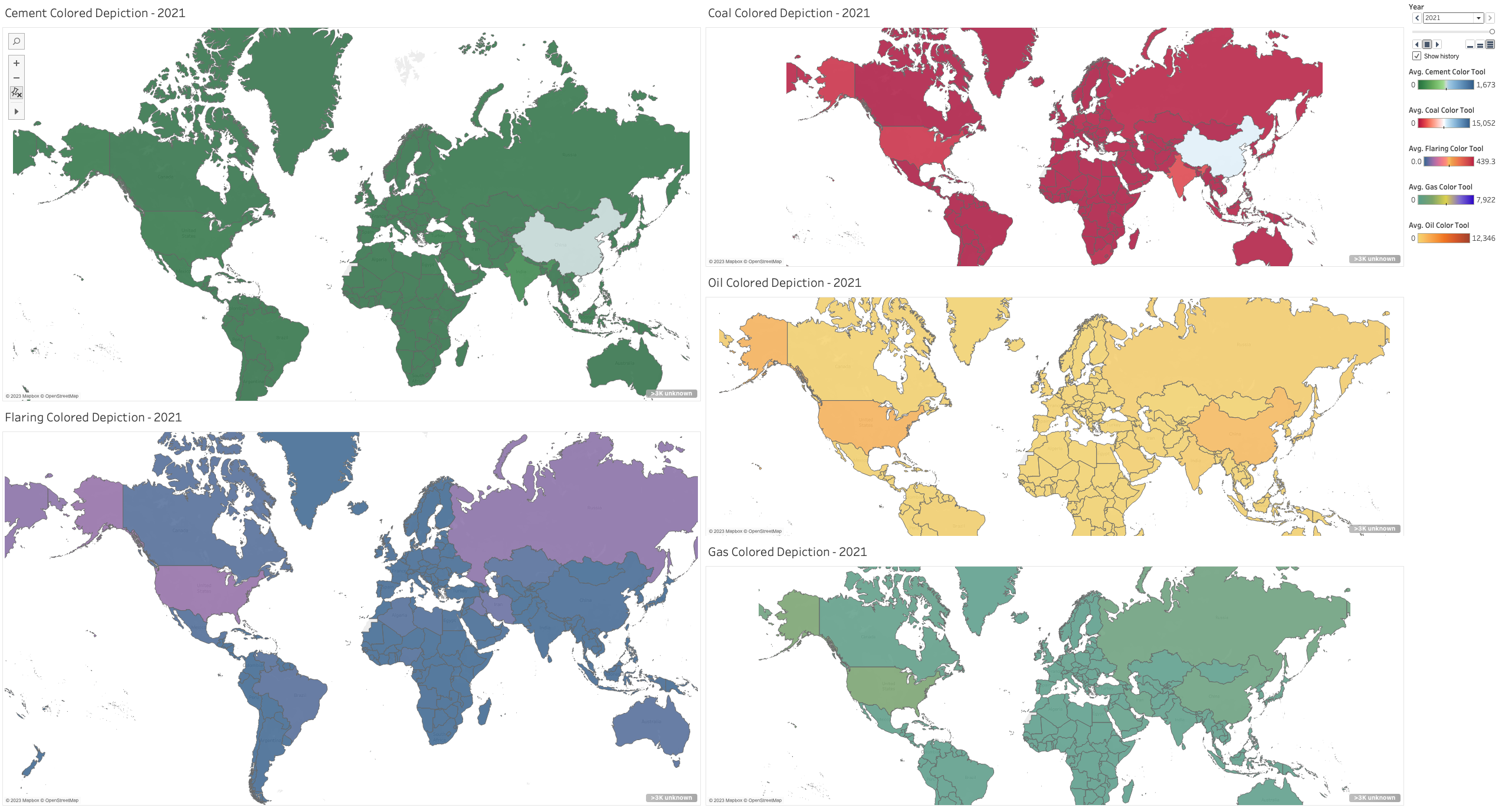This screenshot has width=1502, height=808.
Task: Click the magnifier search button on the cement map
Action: pos(17,41)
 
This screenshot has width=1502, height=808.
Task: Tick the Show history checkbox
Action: pos(1416,56)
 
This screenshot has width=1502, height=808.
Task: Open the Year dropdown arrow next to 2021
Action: pos(1478,18)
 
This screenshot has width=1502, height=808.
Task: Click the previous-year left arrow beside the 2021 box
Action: pos(1417,18)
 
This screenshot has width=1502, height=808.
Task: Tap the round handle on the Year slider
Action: pos(1492,31)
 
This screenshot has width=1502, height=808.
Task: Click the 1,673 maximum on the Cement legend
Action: pos(1485,85)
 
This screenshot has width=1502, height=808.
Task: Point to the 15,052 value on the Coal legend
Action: pos(1483,123)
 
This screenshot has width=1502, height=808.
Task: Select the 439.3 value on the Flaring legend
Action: pos(1485,162)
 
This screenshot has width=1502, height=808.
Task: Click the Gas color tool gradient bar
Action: pos(1445,200)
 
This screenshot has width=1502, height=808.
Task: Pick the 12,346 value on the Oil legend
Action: pos(1483,238)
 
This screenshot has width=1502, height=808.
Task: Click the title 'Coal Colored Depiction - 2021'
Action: pos(788,13)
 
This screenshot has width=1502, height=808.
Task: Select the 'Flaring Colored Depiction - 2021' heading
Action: pos(93,417)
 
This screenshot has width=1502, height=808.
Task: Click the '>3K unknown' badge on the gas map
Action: pos(1375,798)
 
